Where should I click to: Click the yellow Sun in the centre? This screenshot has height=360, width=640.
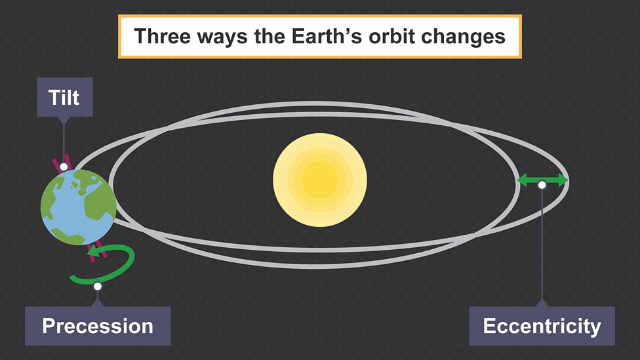[x=320, y=180]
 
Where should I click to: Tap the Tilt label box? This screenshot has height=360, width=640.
[x=64, y=98]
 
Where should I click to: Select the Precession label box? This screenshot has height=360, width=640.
[x=98, y=326]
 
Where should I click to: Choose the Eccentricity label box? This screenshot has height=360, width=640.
[x=542, y=326]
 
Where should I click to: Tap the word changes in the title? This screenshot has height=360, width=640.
[x=470, y=36]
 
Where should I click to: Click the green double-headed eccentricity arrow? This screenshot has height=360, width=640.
[x=543, y=179]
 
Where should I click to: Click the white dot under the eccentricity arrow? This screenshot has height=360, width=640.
[x=542, y=186]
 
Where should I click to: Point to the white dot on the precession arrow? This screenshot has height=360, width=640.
[x=98, y=286]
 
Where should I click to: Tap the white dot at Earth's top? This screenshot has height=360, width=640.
[x=64, y=167]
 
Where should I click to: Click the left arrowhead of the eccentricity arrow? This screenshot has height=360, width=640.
[x=523, y=179]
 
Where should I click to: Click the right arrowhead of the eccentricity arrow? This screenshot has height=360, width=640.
[x=563, y=179]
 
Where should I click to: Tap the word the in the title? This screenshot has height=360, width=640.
[x=269, y=36]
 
